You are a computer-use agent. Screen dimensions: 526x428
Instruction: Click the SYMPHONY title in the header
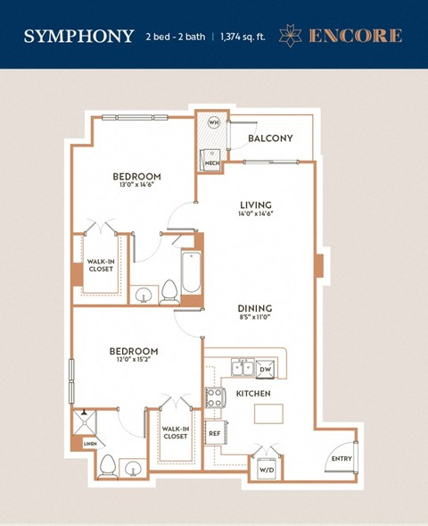click(79, 36)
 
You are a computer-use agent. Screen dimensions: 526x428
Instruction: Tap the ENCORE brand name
click(355, 36)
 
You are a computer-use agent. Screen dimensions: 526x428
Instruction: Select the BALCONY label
click(270, 138)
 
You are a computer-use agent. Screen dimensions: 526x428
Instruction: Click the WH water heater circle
click(213, 122)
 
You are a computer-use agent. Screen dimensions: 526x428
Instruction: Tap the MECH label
click(212, 163)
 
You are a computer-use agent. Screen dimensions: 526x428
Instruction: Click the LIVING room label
click(255, 205)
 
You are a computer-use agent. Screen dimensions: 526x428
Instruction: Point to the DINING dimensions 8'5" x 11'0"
click(255, 317)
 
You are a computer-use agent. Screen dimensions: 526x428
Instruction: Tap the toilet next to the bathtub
click(169, 292)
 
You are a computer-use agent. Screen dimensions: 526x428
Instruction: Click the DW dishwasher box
click(264, 367)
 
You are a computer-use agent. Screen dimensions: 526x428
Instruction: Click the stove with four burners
click(214, 397)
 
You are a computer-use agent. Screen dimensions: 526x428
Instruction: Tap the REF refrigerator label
click(214, 433)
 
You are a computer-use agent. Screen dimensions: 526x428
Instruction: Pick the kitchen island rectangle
click(268, 413)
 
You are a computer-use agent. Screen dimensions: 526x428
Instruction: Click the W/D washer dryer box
click(266, 468)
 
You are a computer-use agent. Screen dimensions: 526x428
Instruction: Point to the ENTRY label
click(341, 458)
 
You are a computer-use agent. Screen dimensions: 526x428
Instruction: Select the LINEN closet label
click(88, 443)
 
